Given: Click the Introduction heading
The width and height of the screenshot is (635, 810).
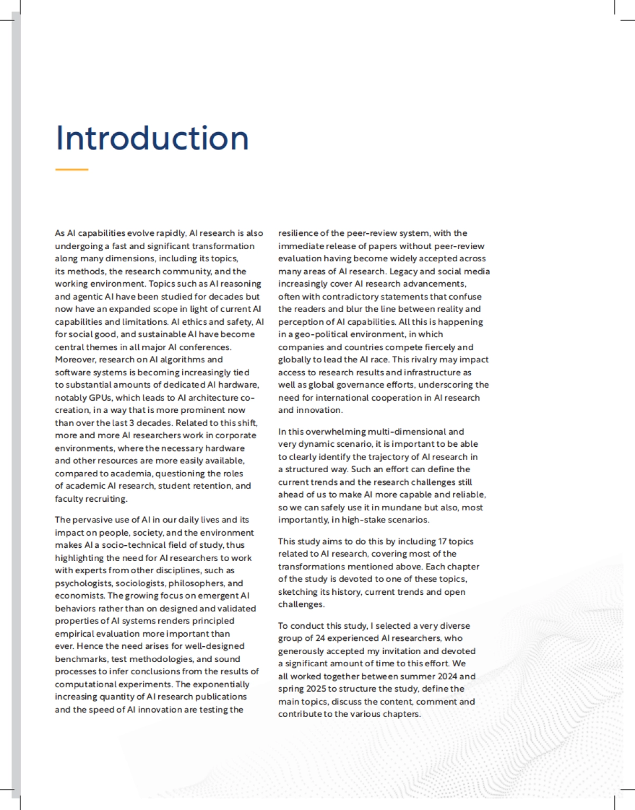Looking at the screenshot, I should pyautogui.click(x=152, y=138).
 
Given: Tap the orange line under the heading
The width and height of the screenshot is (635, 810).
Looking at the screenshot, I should pyautogui.click(x=71, y=170).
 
